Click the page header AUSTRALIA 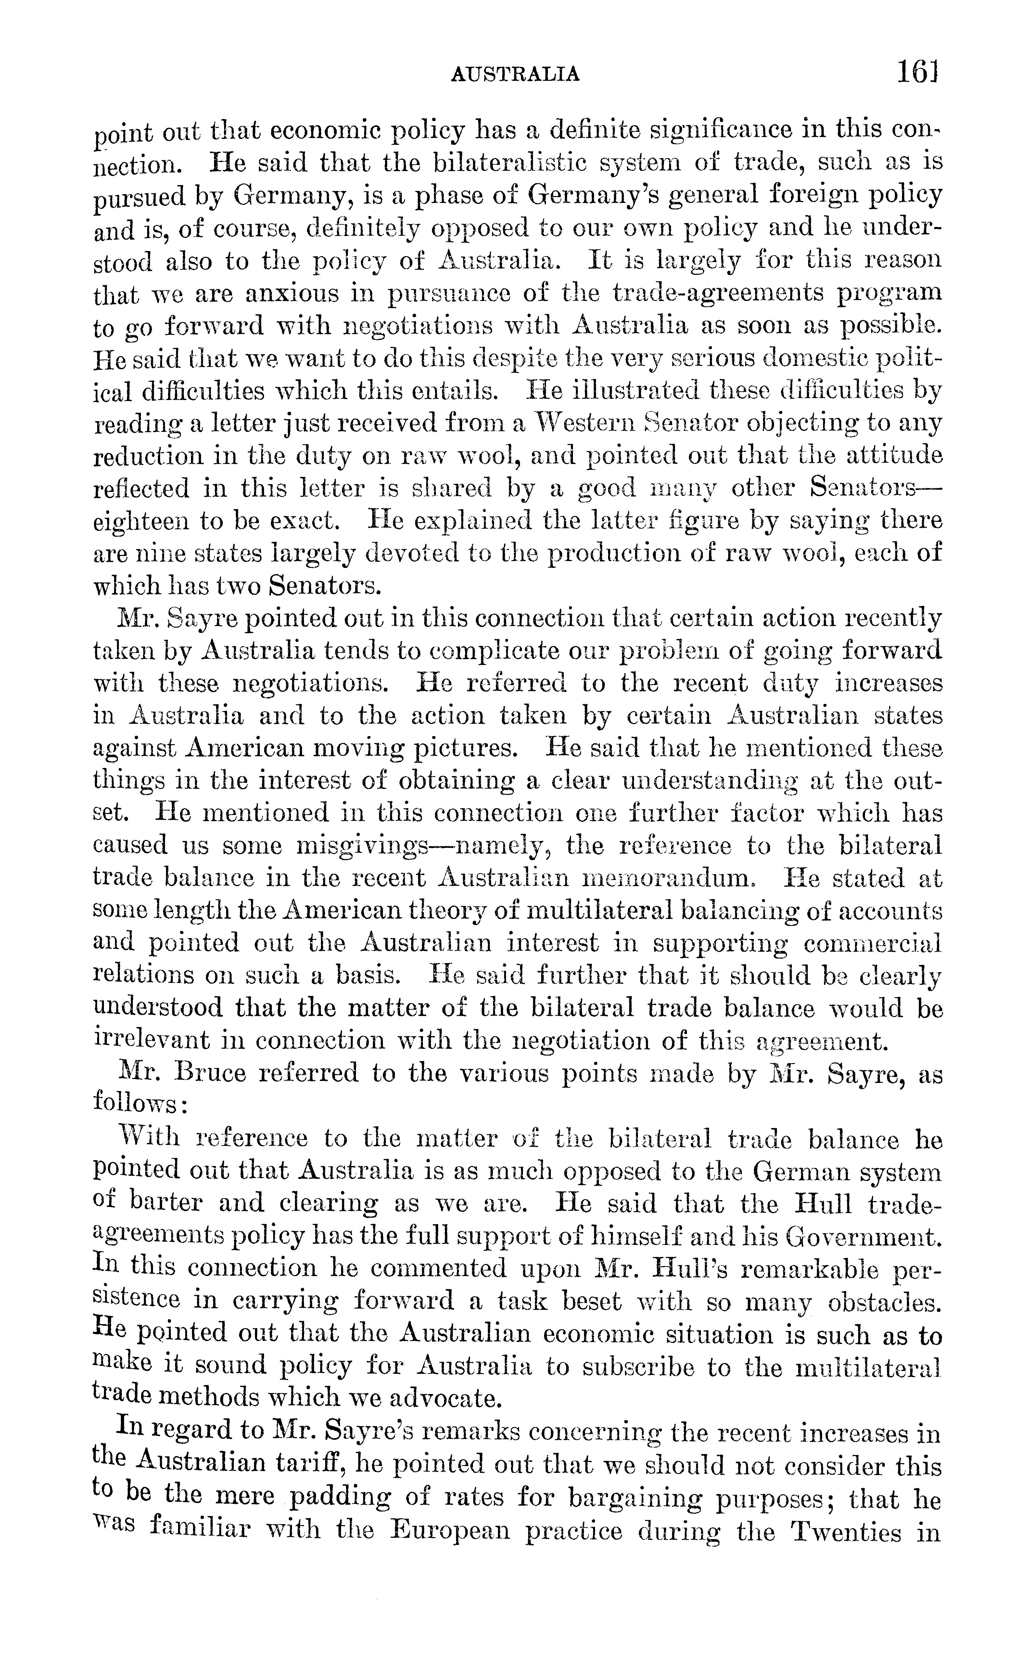click(x=515, y=73)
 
